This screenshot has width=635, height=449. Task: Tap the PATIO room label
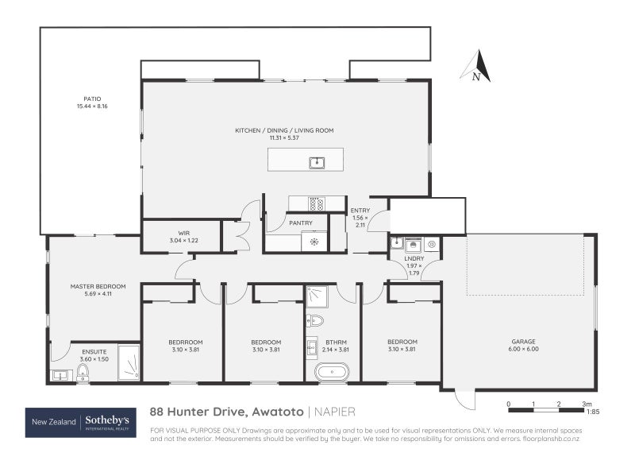[x=91, y=99]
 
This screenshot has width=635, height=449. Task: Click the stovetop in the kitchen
[x=315, y=203]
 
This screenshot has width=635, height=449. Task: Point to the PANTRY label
[x=300, y=223]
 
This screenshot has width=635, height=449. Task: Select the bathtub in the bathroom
[x=332, y=371]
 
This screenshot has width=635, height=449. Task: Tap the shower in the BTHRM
[x=318, y=296]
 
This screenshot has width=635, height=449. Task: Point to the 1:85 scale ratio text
[x=592, y=412]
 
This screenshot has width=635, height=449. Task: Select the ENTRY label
[x=360, y=211]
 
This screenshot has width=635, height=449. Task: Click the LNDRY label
[x=414, y=258]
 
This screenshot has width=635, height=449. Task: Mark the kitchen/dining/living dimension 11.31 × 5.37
[x=283, y=137]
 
